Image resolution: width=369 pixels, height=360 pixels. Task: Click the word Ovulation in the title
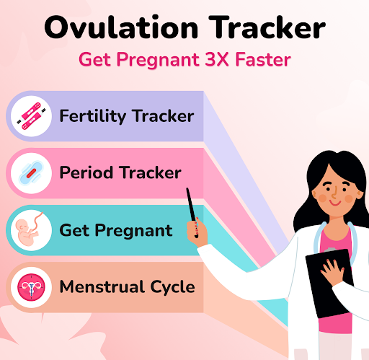121,27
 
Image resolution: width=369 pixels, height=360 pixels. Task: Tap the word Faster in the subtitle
263,59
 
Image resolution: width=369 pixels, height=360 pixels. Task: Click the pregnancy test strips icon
31,116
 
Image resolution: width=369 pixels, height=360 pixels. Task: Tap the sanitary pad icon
31,173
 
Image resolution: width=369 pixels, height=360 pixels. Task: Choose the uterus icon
31,287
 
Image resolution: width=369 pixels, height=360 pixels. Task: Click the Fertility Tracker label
127,116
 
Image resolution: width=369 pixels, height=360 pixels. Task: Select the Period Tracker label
120,172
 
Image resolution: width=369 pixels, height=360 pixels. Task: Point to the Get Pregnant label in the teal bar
116,231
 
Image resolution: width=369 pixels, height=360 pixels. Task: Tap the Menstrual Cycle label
127,287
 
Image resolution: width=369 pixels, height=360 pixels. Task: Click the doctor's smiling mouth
335,203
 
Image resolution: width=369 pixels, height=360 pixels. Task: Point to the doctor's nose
334,192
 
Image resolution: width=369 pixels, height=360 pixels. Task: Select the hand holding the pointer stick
197,233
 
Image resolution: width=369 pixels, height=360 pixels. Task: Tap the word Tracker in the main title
267,27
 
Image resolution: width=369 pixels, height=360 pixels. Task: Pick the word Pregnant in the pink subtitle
158,60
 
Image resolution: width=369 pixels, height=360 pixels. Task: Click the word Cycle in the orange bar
172,287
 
